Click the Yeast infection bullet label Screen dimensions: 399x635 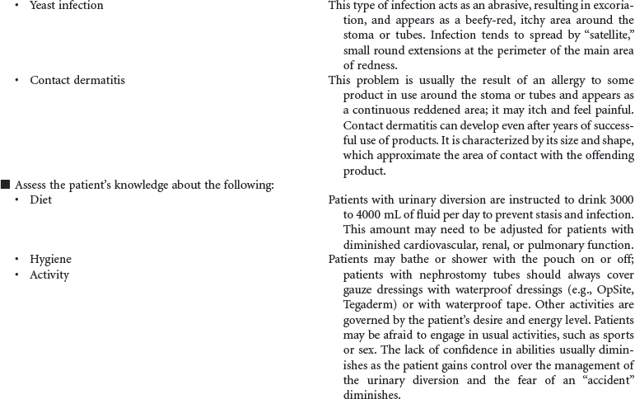point(67,6)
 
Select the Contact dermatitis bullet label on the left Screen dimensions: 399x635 point(77,80)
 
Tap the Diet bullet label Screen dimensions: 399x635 point(40,199)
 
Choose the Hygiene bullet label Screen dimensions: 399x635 point(50,259)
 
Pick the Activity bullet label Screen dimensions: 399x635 point(49,274)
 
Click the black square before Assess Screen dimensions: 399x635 point(6,185)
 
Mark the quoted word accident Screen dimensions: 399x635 point(605,379)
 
